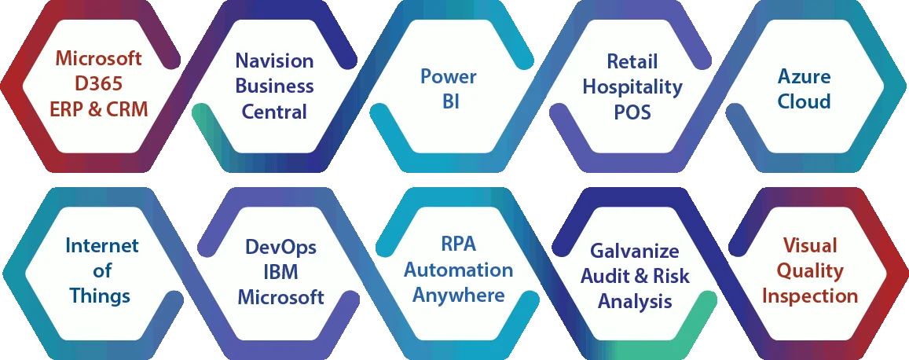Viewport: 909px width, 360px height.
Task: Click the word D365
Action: coord(99,84)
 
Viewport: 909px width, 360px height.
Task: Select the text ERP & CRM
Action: coord(99,109)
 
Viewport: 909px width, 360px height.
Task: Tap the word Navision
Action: coord(274,61)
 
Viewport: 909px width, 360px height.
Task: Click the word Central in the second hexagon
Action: coord(274,111)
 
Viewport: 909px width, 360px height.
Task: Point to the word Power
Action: coord(449,76)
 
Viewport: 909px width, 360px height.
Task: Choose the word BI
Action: coord(449,101)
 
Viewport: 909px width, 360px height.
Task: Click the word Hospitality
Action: coord(632,86)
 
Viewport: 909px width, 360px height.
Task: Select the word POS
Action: coord(632,112)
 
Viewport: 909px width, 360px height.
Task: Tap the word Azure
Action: coord(805,76)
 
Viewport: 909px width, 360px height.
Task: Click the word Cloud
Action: coord(805,101)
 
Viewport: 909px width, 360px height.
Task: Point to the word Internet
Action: coord(101,246)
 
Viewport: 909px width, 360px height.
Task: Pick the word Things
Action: coord(100,296)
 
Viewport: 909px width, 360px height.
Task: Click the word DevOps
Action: coord(280,247)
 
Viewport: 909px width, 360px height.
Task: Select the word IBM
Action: coord(280,272)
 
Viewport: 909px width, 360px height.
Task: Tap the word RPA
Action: coord(458,244)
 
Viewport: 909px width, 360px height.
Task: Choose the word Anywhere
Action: coord(459,296)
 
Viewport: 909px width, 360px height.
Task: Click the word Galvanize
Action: coord(635,250)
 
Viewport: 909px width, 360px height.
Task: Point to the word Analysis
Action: coord(635,301)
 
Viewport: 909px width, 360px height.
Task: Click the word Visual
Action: coord(810,245)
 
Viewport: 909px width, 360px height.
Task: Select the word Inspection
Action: coord(810,296)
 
